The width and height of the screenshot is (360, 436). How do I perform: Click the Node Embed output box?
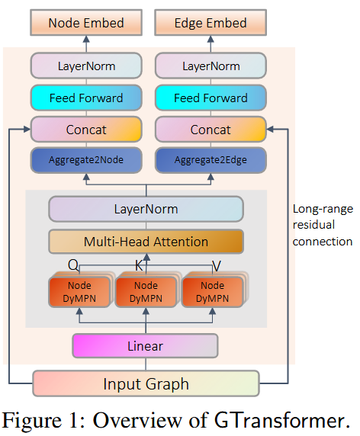coord(85,23)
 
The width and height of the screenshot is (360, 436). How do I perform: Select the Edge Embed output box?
coord(211,23)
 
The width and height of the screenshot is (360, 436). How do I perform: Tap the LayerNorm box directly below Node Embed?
coord(85,66)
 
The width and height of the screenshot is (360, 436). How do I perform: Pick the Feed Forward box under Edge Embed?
coord(211,98)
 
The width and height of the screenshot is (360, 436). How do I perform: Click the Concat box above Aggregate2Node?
coord(85,130)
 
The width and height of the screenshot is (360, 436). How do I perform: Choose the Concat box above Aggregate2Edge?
coord(211,130)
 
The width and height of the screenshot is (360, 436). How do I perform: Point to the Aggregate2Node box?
coord(85,161)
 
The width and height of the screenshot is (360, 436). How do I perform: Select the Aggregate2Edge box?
coord(211,161)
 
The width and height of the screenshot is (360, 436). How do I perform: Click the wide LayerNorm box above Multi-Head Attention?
coord(146,209)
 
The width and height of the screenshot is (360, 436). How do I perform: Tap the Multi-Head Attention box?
coord(146,242)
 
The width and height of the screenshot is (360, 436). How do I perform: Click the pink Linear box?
coord(145,346)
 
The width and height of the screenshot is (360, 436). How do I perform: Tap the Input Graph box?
coord(146,383)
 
